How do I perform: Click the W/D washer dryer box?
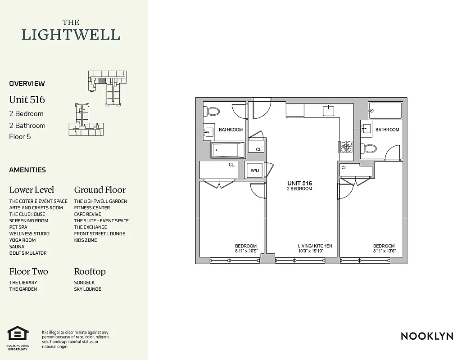click(255, 171)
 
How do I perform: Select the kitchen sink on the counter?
click(328, 111)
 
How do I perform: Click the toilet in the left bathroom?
click(212, 111)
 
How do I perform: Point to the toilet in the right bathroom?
click(371, 148)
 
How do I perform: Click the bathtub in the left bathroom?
click(228, 150)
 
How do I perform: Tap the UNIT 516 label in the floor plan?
click(300, 184)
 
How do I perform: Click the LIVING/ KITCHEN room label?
click(315, 246)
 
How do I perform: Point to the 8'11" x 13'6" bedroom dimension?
click(384, 251)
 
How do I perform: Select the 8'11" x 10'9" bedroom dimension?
click(246, 251)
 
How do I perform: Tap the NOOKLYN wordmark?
click(427, 336)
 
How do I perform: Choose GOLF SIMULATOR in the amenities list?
click(28, 253)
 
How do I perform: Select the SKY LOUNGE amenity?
click(88, 289)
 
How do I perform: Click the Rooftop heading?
click(90, 272)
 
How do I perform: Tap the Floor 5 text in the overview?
click(20, 136)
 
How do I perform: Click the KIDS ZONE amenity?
click(86, 240)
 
